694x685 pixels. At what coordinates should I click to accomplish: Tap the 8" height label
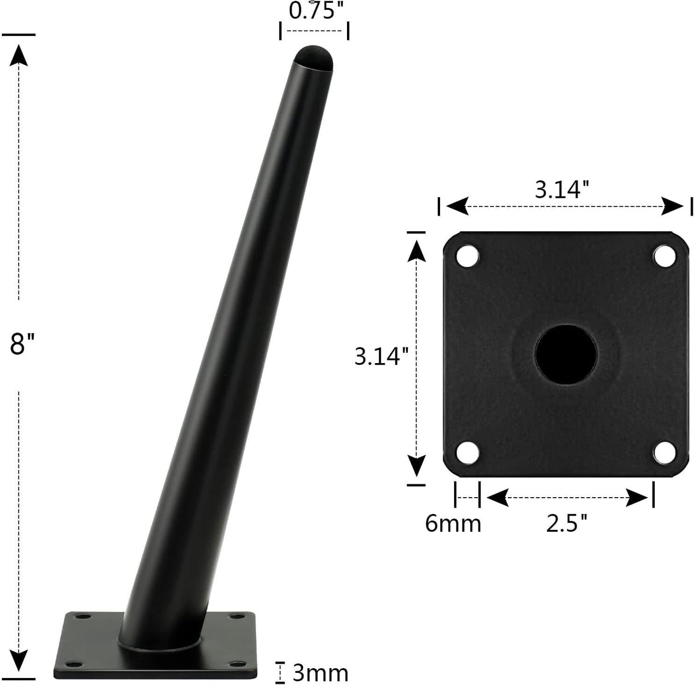pos(22,344)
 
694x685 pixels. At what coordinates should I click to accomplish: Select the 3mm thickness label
pos(320,672)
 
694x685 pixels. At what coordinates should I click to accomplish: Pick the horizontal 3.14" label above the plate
pos(562,190)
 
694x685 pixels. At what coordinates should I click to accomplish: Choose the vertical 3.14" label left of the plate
pos(382,356)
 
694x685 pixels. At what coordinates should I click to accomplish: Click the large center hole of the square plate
pos(566,354)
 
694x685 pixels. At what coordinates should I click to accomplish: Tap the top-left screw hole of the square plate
pos(467,256)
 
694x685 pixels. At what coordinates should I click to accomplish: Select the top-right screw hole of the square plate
pos(665,256)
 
